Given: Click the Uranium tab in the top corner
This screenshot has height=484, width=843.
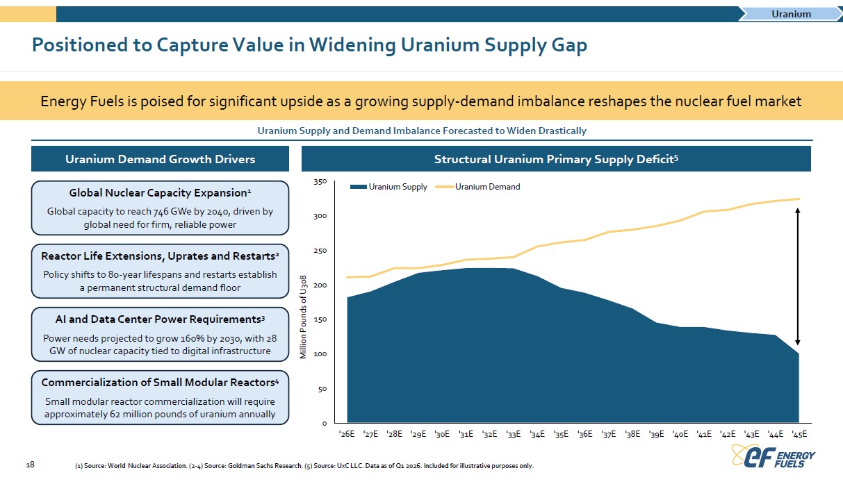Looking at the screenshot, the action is [x=791, y=14].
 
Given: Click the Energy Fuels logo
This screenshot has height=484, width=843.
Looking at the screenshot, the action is [x=774, y=456].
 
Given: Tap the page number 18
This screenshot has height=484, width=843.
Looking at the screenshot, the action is [x=30, y=465].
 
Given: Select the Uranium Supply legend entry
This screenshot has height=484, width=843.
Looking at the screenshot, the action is [x=388, y=187].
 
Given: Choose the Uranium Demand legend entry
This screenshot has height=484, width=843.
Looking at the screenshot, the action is [x=477, y=187].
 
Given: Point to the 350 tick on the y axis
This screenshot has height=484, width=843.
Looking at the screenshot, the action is [x=320, y=182].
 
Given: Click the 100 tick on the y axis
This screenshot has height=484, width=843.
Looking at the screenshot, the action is [x=320, y=354].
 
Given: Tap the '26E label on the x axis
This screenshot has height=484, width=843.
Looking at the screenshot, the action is [x=347, y=434].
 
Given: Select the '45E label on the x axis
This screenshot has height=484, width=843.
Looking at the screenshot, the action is [x=799, y=434].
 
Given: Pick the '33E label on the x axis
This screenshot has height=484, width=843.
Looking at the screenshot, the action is [x=514, y=434].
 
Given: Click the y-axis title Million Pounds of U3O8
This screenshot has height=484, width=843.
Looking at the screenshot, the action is [x=303, y=317].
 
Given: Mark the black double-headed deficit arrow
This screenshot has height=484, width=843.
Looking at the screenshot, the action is [x=797, y=276].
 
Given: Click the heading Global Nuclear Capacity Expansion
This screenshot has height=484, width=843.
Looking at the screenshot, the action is [x=160, y=192].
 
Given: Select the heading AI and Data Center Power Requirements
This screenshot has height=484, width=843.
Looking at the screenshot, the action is [x=160, y=319].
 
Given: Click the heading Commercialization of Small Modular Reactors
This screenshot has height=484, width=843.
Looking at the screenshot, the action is [x=160, y=382].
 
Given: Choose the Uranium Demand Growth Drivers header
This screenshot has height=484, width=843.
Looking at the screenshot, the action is [x=160, y=159].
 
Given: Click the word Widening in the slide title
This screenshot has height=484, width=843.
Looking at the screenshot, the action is [x=352, y=44].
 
